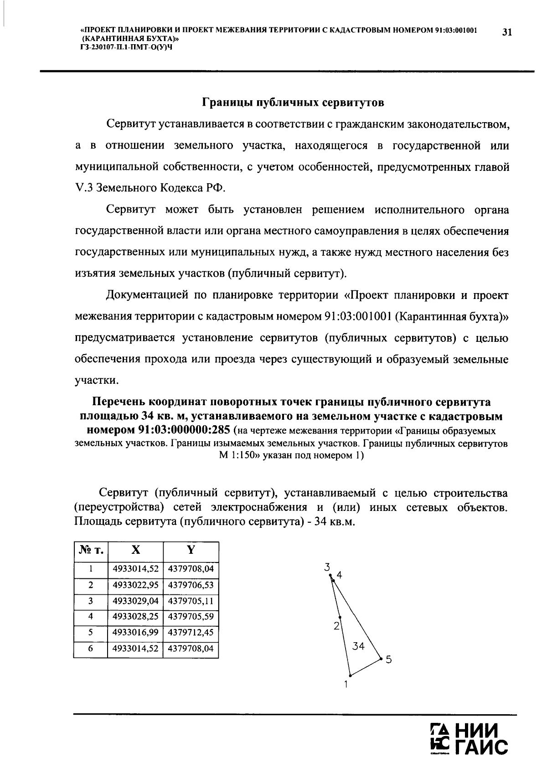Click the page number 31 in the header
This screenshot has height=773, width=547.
coord(507,32)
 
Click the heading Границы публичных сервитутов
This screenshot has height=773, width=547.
coord(293,103)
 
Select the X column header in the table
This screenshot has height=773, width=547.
coord(135,550)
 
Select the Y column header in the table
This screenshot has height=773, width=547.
coord(191,550)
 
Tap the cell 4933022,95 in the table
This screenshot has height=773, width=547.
coord(135,585)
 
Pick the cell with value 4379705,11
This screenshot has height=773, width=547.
coord(191,601)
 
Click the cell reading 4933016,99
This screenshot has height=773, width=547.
coord(135,633)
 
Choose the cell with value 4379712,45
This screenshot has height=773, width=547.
coord(191,633)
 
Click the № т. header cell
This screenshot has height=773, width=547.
coord(91,551)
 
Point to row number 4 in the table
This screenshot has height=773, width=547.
coord(91,617)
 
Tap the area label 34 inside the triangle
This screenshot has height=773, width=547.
coord(359,646)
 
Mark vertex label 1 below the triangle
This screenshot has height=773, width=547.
coord(346,684)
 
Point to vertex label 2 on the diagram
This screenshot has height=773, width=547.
coord(336,626)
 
